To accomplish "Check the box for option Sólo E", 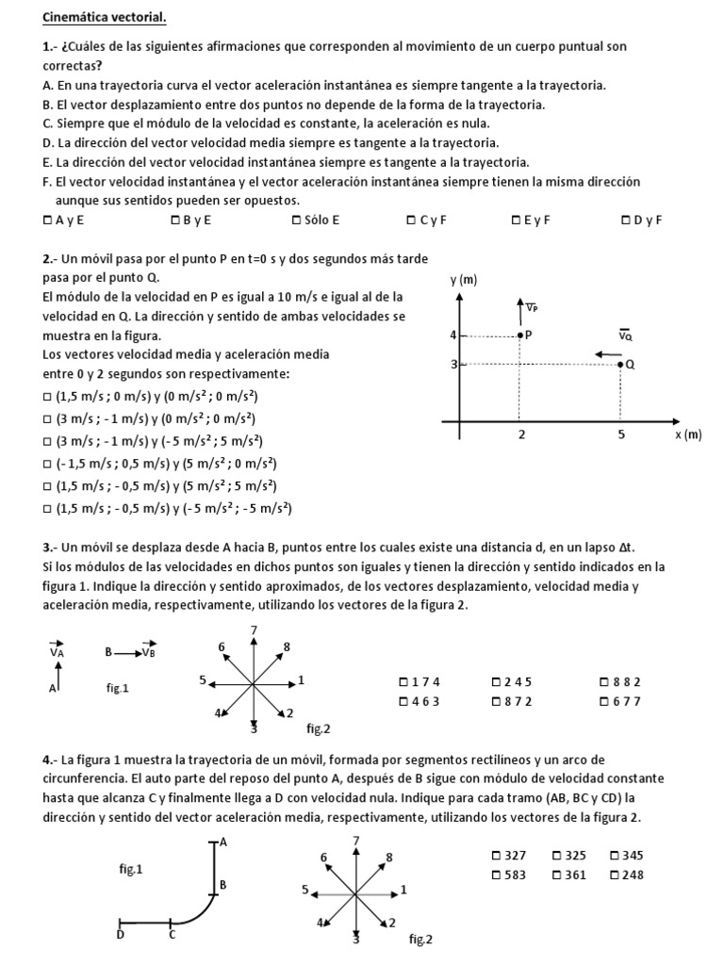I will (297, 221).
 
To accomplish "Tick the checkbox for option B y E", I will (175, 221).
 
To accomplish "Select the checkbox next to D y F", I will (626, 221).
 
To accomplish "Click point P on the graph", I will (519, 335).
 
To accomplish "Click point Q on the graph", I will (619, 364).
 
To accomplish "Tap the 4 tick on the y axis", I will (452, 335).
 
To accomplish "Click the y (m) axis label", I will (463, 279).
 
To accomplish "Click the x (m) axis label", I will (688, 434).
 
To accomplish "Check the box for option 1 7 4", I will (403, 681).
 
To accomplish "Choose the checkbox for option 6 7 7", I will (604, 701).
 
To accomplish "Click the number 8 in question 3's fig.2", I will (287, 646).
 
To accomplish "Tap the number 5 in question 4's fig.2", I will (304, 889).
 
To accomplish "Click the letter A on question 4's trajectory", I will (223, 842).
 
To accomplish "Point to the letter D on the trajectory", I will (120, 935).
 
